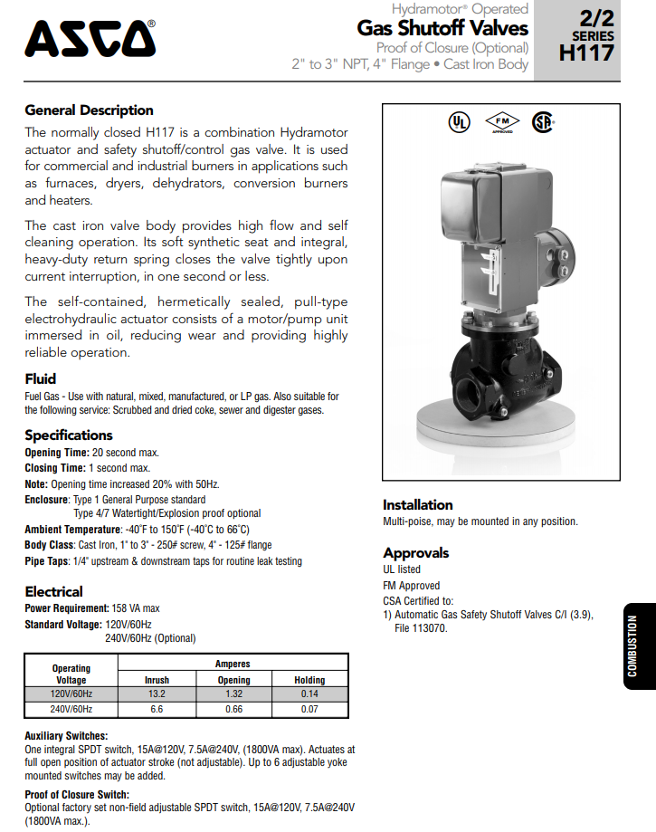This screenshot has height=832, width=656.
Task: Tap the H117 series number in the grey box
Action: [x=586, y=53]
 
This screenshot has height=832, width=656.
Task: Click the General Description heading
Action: [x=89, y=110]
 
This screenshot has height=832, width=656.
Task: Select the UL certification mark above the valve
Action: [x=460, y=122]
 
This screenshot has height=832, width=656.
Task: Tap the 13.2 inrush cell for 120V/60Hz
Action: [x=157, y=694]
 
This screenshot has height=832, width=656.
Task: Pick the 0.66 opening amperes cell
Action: [x=233, y=709]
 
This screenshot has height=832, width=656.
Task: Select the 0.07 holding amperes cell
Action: [x=310, y=709]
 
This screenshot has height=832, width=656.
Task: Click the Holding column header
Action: [x=310, y=680]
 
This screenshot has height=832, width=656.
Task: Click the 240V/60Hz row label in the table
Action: [x=71, y=709]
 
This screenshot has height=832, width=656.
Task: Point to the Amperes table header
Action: [x=233, y=664]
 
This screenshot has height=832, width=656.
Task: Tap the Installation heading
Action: [x=417, y=505]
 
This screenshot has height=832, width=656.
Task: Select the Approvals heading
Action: [x=415, y=553]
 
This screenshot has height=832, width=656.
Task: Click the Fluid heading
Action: [x=40, y=378]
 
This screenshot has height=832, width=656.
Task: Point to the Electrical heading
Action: [x=53, y=592]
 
